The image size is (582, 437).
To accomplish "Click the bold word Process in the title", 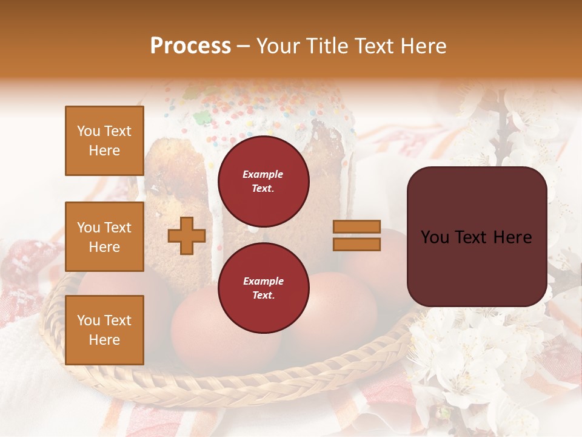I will point(190,46).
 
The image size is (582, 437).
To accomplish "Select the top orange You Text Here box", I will point(104,141).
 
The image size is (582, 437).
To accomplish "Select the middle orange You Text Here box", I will point(104,237).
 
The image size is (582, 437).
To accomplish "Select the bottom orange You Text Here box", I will point(104,330).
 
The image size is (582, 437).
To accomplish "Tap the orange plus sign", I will point(186,235).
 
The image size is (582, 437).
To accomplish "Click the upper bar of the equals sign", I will point(356,226).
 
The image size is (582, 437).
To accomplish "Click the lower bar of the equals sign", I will point(356,244).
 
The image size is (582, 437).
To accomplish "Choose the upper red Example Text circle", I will point(263,181).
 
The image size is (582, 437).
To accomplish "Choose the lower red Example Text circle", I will point(263,288).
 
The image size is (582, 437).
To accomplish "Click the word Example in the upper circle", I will point(263,174).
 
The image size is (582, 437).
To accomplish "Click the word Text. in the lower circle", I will point(263,296).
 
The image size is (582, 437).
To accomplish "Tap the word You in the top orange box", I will point(88,131).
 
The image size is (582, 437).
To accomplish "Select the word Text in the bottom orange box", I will point(118,320).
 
